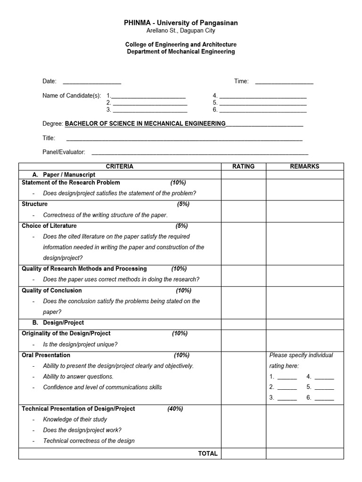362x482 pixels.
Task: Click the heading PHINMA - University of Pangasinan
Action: (181, 23)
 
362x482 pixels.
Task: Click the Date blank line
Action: (92, 82)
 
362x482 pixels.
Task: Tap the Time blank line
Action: (284, 82)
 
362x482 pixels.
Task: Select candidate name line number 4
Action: (263, 96)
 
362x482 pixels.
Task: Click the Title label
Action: (49, 138)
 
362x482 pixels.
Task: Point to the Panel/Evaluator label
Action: (64, 152)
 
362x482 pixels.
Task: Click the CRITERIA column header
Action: (119, 166)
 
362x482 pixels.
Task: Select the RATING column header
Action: (243, 166)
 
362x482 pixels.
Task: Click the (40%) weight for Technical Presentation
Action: (175, 409)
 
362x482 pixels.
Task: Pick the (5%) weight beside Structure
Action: (183, 204)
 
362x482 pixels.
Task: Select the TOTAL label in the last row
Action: (208, 453)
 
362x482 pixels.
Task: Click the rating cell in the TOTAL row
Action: (243, 453)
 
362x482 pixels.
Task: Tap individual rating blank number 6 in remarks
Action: (324, 399)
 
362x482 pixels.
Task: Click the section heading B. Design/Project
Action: (63, 322)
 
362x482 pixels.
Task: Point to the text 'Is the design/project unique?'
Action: (80, 344)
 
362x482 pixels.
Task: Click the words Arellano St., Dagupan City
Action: (181, 31)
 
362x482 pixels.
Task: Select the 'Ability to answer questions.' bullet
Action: (78, 376)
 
